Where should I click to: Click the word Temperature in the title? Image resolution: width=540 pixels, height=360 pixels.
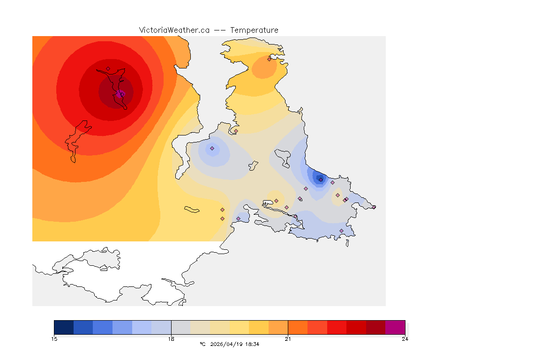pos(254,30)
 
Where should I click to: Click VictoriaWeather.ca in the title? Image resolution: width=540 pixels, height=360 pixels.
pos(174,30)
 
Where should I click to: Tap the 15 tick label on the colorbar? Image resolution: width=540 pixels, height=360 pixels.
pos(54,339)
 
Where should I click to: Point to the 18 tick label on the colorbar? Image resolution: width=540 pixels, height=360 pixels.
pos(171,339)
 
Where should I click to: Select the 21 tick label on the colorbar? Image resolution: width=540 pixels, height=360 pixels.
pos(288,339)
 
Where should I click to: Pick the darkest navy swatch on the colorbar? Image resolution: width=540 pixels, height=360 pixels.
pos(64,327)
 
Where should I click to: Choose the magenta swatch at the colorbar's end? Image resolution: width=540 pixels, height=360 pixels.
pos(395,327)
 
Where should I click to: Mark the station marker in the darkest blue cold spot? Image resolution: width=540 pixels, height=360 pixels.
pos(321,180)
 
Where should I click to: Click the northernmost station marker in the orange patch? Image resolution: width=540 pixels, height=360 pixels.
pos(270,59)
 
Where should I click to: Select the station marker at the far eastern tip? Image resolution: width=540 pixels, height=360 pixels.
pos(374,207)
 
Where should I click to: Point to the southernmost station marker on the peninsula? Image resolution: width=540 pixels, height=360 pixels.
pos(341,231)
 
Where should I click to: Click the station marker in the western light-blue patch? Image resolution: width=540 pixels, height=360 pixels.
pos(212,149)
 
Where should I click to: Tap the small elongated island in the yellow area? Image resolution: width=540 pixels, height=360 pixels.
pos(192,209)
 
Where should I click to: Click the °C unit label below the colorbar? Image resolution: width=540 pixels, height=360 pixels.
pos(202,344)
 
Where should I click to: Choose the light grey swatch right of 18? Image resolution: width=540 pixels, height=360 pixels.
pos(180,327)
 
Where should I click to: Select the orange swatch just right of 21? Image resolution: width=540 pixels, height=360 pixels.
pos(297,327)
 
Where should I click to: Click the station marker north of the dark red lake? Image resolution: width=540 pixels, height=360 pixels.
pos(108,69)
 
